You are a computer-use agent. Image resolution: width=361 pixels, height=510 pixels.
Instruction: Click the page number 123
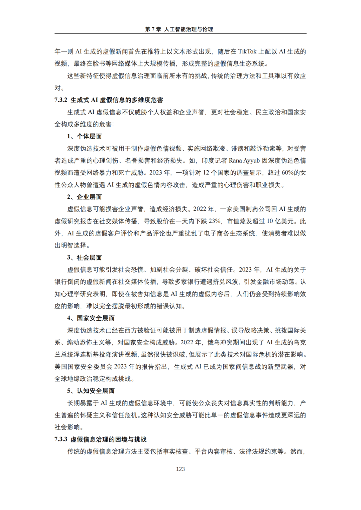pyautogui.click(x=180, y=469)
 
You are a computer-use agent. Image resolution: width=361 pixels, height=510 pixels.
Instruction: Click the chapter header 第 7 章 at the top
pyautogui.click(x=153, y=29)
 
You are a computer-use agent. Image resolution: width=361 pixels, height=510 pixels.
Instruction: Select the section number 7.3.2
pyautogui.click(x=61, y=100)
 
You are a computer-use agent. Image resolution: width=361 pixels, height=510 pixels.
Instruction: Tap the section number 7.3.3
pyautogui.click(x=61, y=439)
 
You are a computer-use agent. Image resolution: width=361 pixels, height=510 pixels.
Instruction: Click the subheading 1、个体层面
pyautogui.click(x=84, y=136)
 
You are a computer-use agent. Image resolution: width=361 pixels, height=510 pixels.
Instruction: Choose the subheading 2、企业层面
pyautogui.click(x=84, y=197)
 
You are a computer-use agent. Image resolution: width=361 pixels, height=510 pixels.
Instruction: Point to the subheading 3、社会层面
pyautogui.click(x=84, y=258)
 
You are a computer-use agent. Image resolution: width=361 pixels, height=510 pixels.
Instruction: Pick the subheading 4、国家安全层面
pyautogui.click(x=91, y=318)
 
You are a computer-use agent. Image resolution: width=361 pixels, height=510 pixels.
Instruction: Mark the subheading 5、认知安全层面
pyautogui.click(x=91, y=391)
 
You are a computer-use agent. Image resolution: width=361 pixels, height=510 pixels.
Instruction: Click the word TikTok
pyautogui.click(x=247, y=51)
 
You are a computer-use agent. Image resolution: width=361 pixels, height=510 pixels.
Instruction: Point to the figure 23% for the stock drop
pyautogui.click(x=215, y=221)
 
